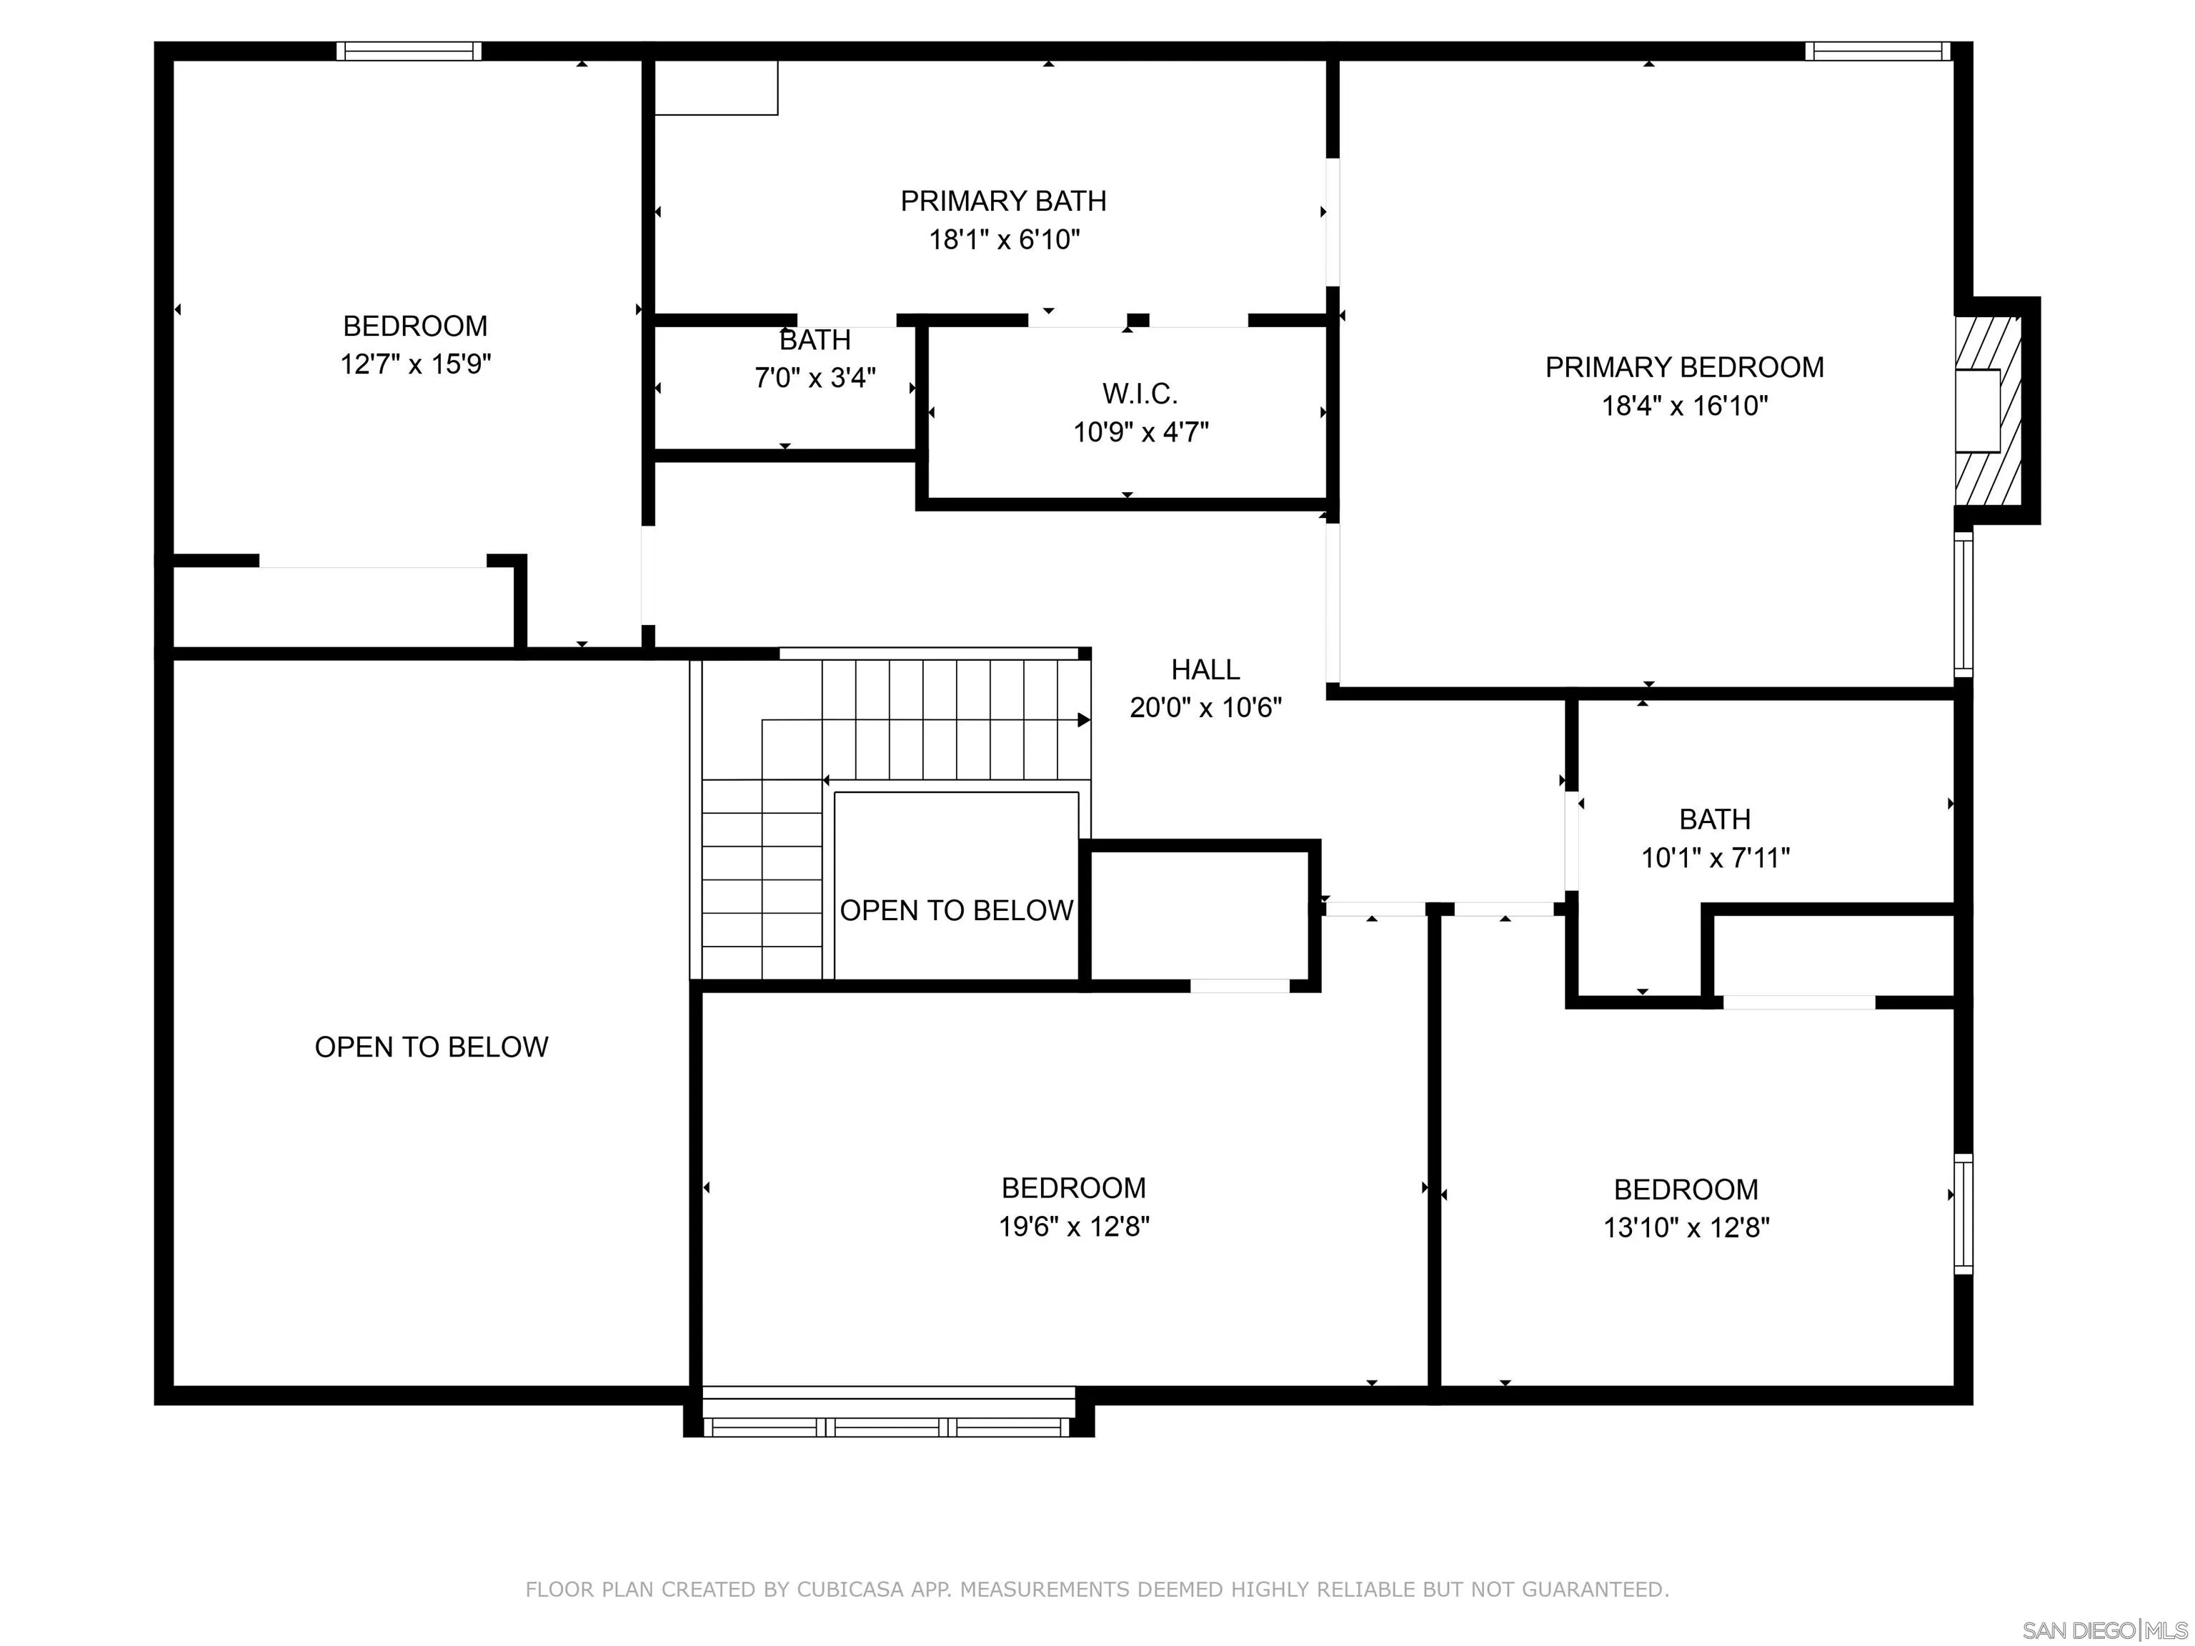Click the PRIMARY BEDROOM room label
[1684, 367]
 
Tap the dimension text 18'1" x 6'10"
[1003, 240]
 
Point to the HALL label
[1205, 669]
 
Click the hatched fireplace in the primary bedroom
[1989, 411]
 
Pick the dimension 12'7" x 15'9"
[415, 364]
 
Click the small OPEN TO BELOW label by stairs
[955, 910]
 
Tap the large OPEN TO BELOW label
[431, 1047]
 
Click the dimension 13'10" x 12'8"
[1686, 1228]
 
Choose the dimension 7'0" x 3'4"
[815, 378]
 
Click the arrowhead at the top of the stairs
[1084, 720]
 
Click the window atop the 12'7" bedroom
[409, 51]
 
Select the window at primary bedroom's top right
[1876, 51]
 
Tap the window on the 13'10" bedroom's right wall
[1963, 1213]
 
